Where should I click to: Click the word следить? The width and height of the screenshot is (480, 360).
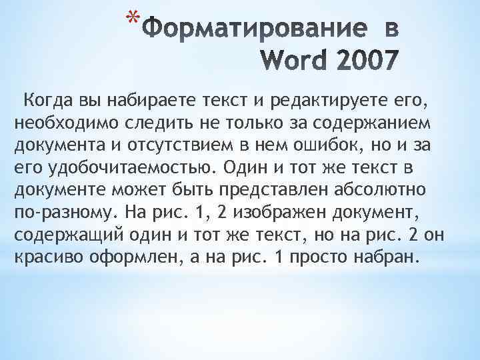click(x=154, y=124)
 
